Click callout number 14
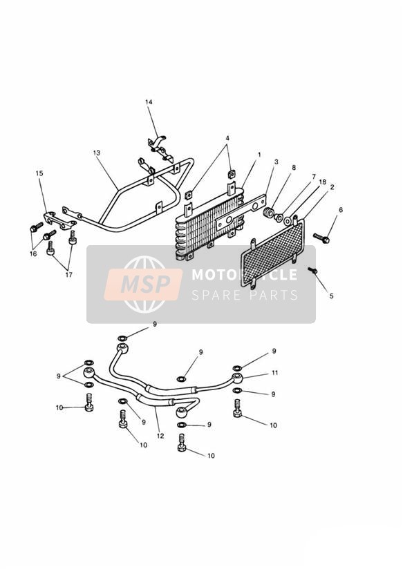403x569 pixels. [x=149, y=102]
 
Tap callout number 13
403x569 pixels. [x=96, y=153]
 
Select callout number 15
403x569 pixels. [x=39, y=173]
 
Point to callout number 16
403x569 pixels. [x=33, y=253]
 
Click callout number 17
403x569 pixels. [x=68, y=275]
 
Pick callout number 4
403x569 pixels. [x=227, y=138]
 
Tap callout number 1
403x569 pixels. [x=259, y=155]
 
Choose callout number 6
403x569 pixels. [x=341, y=210]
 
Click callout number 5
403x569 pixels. [x=331, y=296]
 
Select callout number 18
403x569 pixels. [x=322, y=182]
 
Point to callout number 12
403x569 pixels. [x=160, y=436]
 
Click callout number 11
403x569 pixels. [x=275, y=373]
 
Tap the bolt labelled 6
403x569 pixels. [x=321, y=238]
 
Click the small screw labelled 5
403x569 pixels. [x=312, y=271]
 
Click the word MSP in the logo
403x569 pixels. [x=145, y=283]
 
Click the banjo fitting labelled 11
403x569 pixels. [x=238, y=378]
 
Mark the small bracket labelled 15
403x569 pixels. [x=60, y=221]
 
